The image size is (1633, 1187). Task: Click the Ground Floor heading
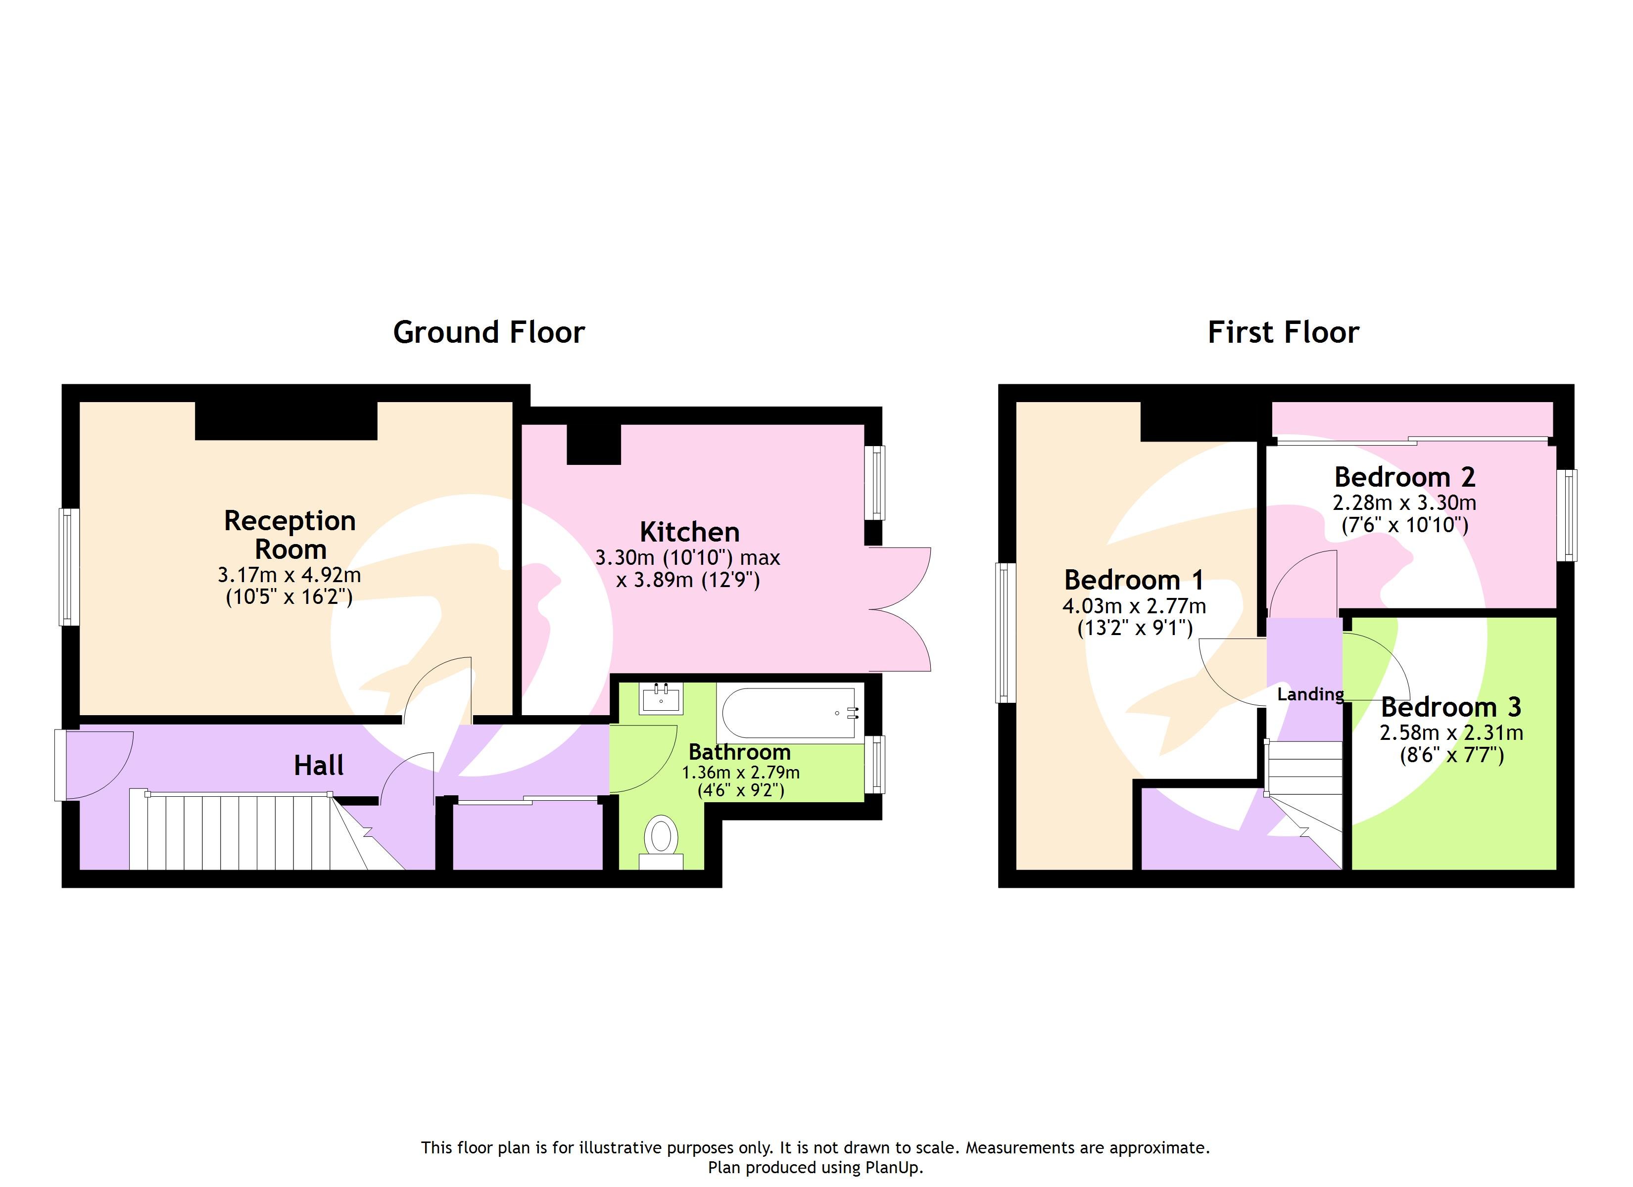click(x=488, y=332)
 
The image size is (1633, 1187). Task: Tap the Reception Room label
click(x=290, y=535)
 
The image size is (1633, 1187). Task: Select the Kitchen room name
click(x=689, y=532)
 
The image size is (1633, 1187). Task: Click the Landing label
click(x=1310, y=694)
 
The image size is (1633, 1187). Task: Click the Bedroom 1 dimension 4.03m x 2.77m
click(x=1133, y=605)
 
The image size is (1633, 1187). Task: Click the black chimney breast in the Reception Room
click(x=286, y=421)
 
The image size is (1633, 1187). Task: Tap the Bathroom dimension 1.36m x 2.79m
click(x=740, y=773)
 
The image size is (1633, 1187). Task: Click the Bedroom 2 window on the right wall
click(x=1566, y=515)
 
